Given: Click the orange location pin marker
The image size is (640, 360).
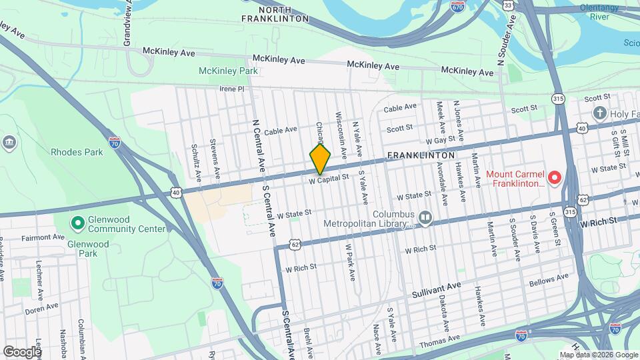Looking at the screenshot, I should (320, 160).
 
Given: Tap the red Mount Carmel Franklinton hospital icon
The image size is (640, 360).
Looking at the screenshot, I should (554, 177).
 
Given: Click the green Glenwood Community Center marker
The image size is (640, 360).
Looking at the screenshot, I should (77, 222).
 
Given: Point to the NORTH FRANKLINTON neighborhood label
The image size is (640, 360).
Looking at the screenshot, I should (274, 14).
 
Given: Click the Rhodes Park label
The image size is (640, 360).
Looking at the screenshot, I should (77, 152).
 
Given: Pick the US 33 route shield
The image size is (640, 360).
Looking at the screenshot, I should (508, 5).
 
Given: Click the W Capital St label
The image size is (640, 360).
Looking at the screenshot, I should (329, 179).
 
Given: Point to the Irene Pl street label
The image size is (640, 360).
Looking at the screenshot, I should (233, 88).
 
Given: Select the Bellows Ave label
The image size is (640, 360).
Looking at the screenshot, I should (549, 281).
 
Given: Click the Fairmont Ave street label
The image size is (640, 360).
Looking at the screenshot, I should (42, 237).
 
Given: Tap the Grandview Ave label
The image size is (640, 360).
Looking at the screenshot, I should (127, 23).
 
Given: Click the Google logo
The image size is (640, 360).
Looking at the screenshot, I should (22, 351).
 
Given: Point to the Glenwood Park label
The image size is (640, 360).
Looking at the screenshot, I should (88, 249).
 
